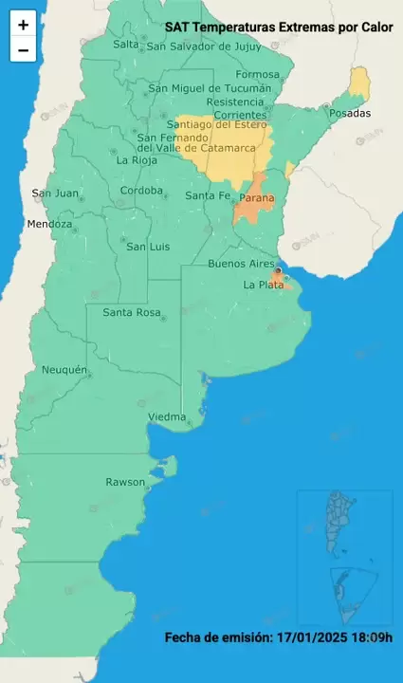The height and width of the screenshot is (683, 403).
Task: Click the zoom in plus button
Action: tap(23, 26)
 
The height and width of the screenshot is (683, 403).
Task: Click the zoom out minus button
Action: tap(23, 50)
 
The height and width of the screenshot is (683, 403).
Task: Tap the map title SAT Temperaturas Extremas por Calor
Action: tap(279, 28)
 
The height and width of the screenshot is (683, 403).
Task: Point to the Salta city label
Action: tap(125, 44)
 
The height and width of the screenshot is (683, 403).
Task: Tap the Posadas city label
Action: tap(350, 113)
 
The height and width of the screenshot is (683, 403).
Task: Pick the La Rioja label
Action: tap(136, 160)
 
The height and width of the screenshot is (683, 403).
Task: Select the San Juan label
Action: tap(55, 194)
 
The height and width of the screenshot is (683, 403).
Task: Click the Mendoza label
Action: tap(49, 225)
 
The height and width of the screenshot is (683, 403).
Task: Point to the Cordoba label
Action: tap(141, 191)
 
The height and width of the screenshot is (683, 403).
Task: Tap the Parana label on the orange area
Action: tap(257, 198)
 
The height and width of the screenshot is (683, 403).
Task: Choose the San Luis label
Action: tap(148, 247)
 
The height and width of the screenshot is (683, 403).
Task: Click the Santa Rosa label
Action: tap(131, 312)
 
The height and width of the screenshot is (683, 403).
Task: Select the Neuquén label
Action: tap(64, 369)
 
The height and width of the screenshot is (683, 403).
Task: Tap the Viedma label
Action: tap(167, 417)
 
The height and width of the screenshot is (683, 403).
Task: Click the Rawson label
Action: tap(125, 482)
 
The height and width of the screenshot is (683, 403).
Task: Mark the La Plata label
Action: tap(263, 285)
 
